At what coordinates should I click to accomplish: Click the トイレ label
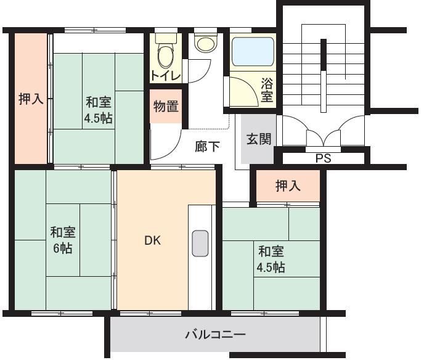[166, 76]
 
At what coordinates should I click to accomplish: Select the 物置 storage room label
[166, 106]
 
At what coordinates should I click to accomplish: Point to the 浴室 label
[267, 89]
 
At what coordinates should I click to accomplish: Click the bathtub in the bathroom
[253, 52]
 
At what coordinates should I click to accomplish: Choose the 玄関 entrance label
[259, 139]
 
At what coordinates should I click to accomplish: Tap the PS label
[323, 158]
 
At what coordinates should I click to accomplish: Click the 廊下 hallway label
[208, 147]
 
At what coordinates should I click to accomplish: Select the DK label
[153, 241]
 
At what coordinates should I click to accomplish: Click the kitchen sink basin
[200, 243]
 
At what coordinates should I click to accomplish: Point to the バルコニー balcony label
[216, 335]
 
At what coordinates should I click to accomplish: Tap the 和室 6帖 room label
[62, 240]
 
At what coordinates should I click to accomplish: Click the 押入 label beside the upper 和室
[31, 99]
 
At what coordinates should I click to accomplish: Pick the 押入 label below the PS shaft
[288, 186]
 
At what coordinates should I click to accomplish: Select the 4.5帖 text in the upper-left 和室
[99, 118]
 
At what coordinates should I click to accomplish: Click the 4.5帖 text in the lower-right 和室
[271, 268]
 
